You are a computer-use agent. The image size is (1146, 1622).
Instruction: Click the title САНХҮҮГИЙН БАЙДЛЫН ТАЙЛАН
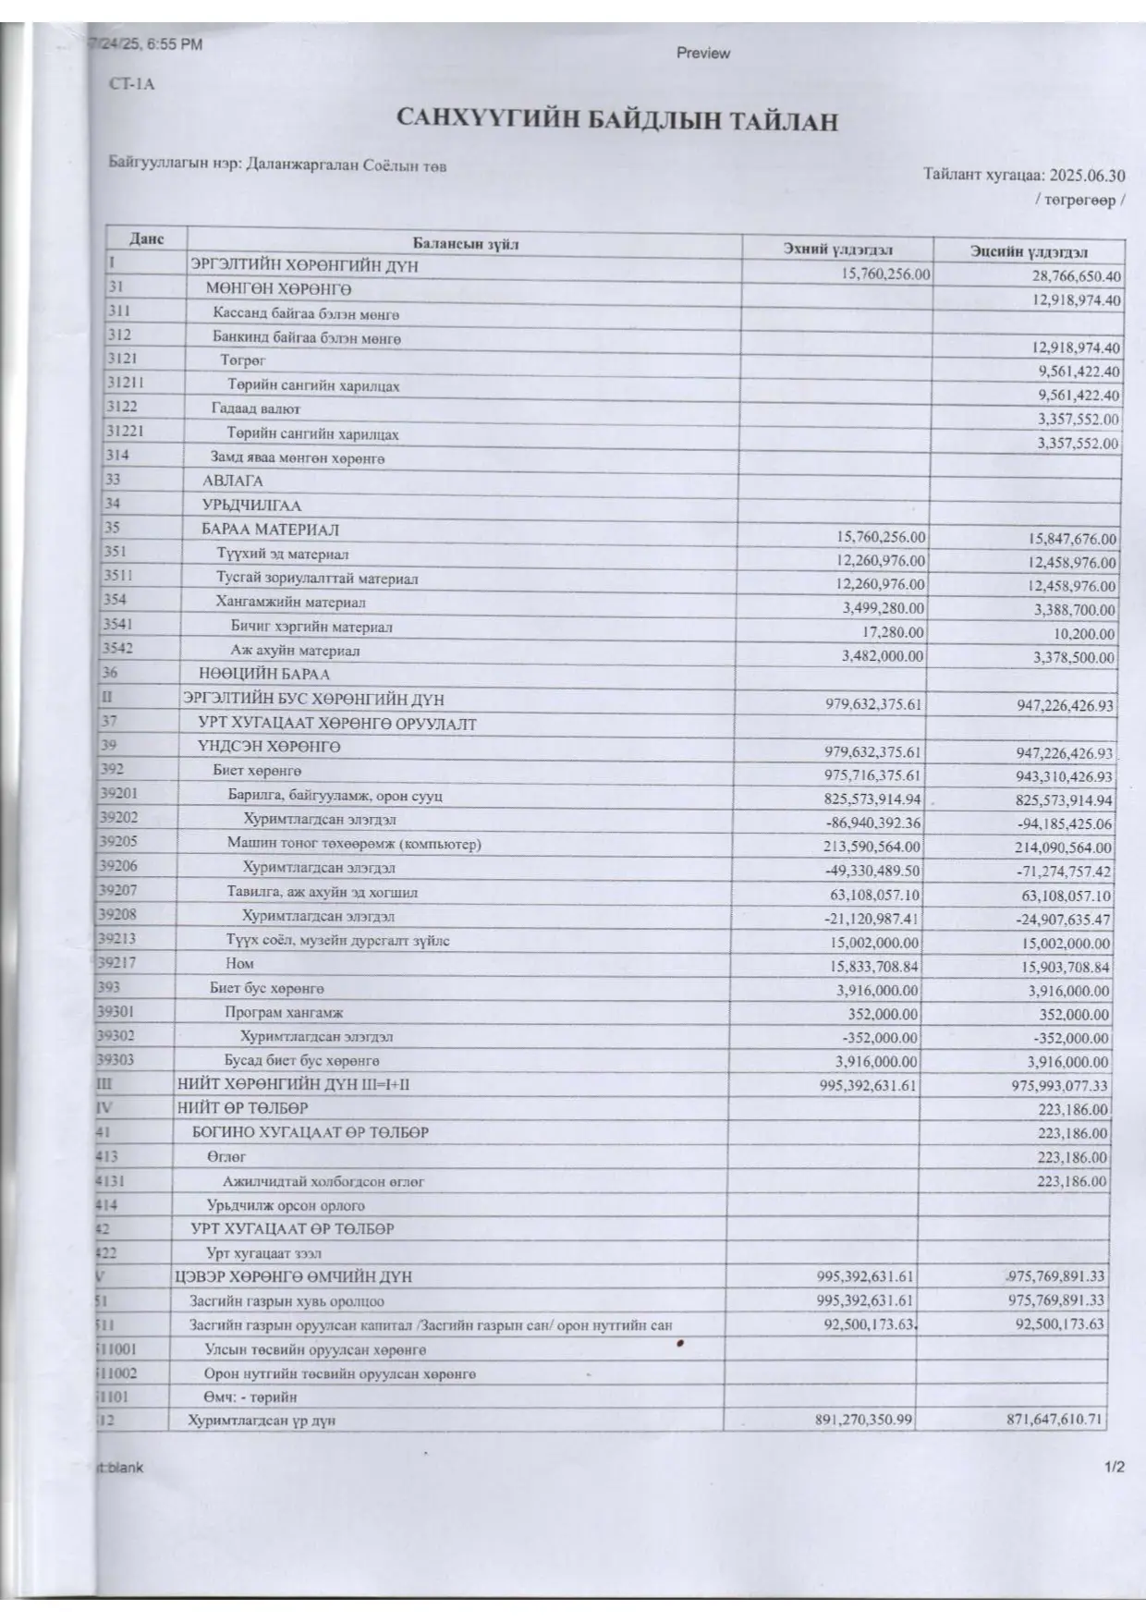(617, 120)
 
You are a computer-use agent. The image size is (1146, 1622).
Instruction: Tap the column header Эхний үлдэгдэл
(838, 250)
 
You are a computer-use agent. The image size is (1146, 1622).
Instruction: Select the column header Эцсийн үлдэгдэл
(1028, 251)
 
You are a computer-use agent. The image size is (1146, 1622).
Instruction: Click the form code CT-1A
(131, 84)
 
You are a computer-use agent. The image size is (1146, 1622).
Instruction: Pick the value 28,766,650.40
(1076, 276)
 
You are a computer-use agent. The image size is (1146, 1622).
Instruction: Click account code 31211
(125, 382)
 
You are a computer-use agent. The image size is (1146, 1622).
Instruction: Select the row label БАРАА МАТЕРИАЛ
(271, 530)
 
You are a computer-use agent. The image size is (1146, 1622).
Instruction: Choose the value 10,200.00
(1083, 634)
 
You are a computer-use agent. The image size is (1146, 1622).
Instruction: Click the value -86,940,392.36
(872, 823)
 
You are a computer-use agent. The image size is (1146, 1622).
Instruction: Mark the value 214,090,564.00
(1064, 848)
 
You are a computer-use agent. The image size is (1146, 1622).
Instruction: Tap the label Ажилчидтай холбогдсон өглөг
(323, 1181)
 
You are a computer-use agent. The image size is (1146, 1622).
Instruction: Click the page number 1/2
(1114, 1467)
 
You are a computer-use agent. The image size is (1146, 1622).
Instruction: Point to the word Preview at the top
(702, 54)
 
